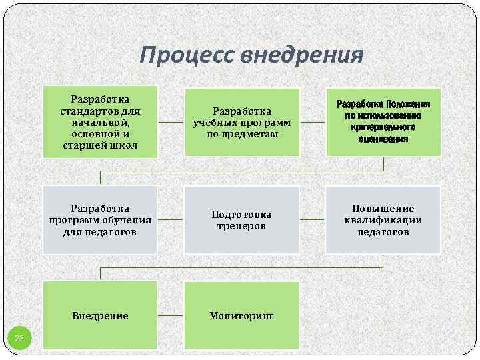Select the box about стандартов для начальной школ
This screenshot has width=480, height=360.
point(100,122)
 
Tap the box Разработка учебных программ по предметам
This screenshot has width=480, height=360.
point(242,122)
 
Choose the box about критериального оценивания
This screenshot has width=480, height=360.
point(383,122)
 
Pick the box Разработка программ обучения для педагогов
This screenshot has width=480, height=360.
point(100,220)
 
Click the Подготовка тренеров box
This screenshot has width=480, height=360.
point(242,220)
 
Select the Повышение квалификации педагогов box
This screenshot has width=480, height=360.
point(383,220)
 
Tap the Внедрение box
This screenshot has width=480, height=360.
point(100,315)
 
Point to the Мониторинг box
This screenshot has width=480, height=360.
point(242,315)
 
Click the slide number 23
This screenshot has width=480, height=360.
point(19,339)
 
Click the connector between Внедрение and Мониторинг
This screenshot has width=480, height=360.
point(171,315)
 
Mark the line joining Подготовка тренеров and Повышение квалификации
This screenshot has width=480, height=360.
point(312,219)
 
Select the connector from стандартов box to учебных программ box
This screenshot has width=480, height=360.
point(171,123)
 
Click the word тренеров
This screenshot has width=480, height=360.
point(241,226)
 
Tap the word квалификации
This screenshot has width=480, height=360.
point(383,220)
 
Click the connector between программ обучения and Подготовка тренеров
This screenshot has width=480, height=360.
point(171,219)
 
